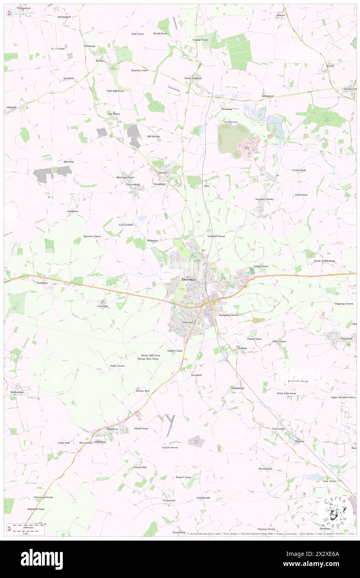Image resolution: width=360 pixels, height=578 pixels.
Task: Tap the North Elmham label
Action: (x=193, y=78)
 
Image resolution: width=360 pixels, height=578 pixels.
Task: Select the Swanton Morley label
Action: (x=264, y=199)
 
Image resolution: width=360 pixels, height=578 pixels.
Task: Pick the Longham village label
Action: (x=73, y=211)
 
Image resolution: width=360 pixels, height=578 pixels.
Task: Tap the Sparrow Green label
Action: (x=92, y=236)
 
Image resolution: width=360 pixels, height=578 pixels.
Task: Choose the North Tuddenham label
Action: (x=324, y=261)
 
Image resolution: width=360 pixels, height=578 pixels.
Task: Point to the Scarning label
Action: (x=102, y=306)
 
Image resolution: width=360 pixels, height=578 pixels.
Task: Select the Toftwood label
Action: (x=187, y=322)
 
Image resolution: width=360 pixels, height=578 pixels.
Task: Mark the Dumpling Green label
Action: (x=228, y=315)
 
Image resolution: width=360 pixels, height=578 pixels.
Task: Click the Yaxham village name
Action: (x=242, y=348)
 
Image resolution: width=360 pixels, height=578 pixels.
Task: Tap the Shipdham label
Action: (x=113, y=429)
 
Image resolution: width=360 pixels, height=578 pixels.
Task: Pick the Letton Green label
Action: (x=170, y=447)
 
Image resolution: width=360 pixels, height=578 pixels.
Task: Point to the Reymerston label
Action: (x=265, y=469)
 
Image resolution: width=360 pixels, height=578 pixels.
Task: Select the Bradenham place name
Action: (x=17, y=392)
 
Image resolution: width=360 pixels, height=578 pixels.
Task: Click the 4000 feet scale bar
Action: (x=29, y=527)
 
